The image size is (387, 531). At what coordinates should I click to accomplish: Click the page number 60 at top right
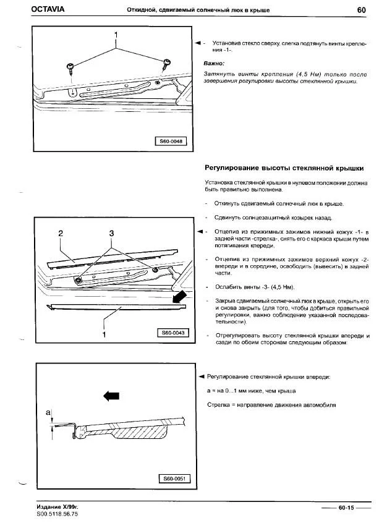(x=363, y=9)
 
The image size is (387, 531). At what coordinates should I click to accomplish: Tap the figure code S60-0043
(x=173, y=333)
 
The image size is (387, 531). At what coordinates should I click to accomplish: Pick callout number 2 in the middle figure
(x=61, y=233)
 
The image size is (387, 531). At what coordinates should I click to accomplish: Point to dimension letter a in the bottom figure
(x=48, y=411)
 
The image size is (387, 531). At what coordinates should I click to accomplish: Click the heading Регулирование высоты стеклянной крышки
(x=283, y=168)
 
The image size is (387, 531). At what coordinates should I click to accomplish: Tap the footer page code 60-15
(x=346, y=508)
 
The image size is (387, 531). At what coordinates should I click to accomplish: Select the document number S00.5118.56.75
(x=58, y=514)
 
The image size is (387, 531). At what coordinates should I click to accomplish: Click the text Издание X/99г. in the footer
(x=57, y=507)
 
